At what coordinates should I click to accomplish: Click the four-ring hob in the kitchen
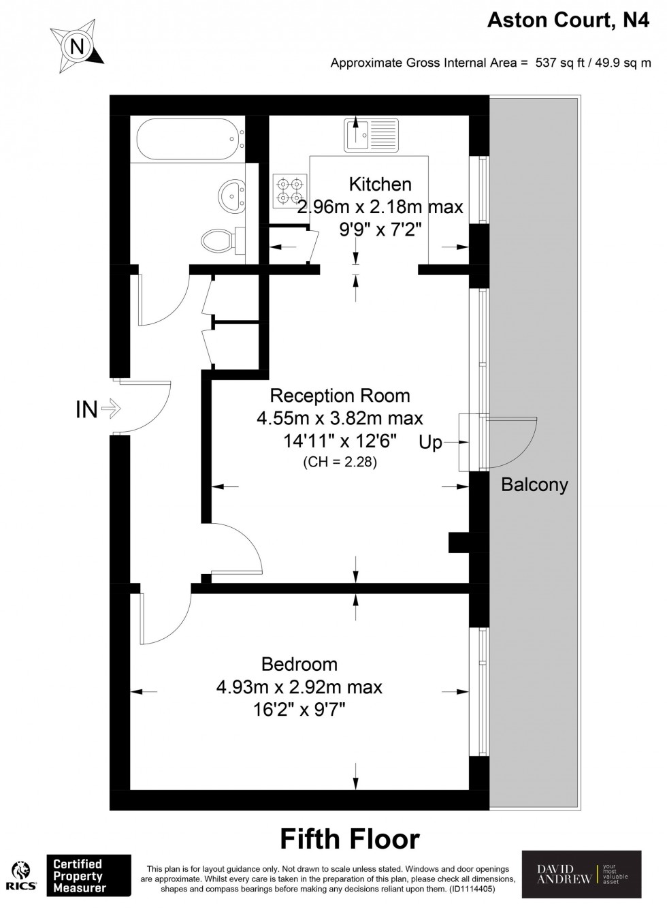[289, 191]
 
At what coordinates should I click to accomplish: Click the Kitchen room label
[380, 184]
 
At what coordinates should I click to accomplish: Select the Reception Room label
[340, 396]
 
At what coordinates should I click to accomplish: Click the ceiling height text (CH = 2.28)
[340, 462]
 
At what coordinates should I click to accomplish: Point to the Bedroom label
[299, 664]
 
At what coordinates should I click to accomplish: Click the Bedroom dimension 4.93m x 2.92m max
[299, 687]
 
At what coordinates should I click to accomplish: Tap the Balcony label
[534, 485]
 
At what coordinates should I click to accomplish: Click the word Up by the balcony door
[430, 443]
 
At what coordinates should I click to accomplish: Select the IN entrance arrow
[110, 409]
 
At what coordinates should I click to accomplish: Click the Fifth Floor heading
[350, 840]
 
